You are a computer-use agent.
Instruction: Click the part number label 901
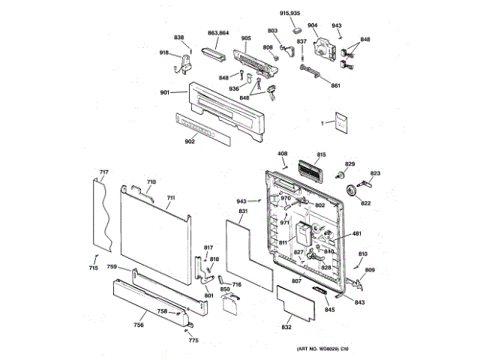(164, 92)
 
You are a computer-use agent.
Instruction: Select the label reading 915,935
(289, 13)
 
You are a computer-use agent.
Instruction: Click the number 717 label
(104, 173)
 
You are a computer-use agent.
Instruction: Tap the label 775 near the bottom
(193, 341)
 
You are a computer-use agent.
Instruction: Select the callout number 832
(286, 328)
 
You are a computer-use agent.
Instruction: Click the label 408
(283, 154)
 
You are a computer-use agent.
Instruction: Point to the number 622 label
(365, 203)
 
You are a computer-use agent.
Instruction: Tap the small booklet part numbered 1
(341, 122)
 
